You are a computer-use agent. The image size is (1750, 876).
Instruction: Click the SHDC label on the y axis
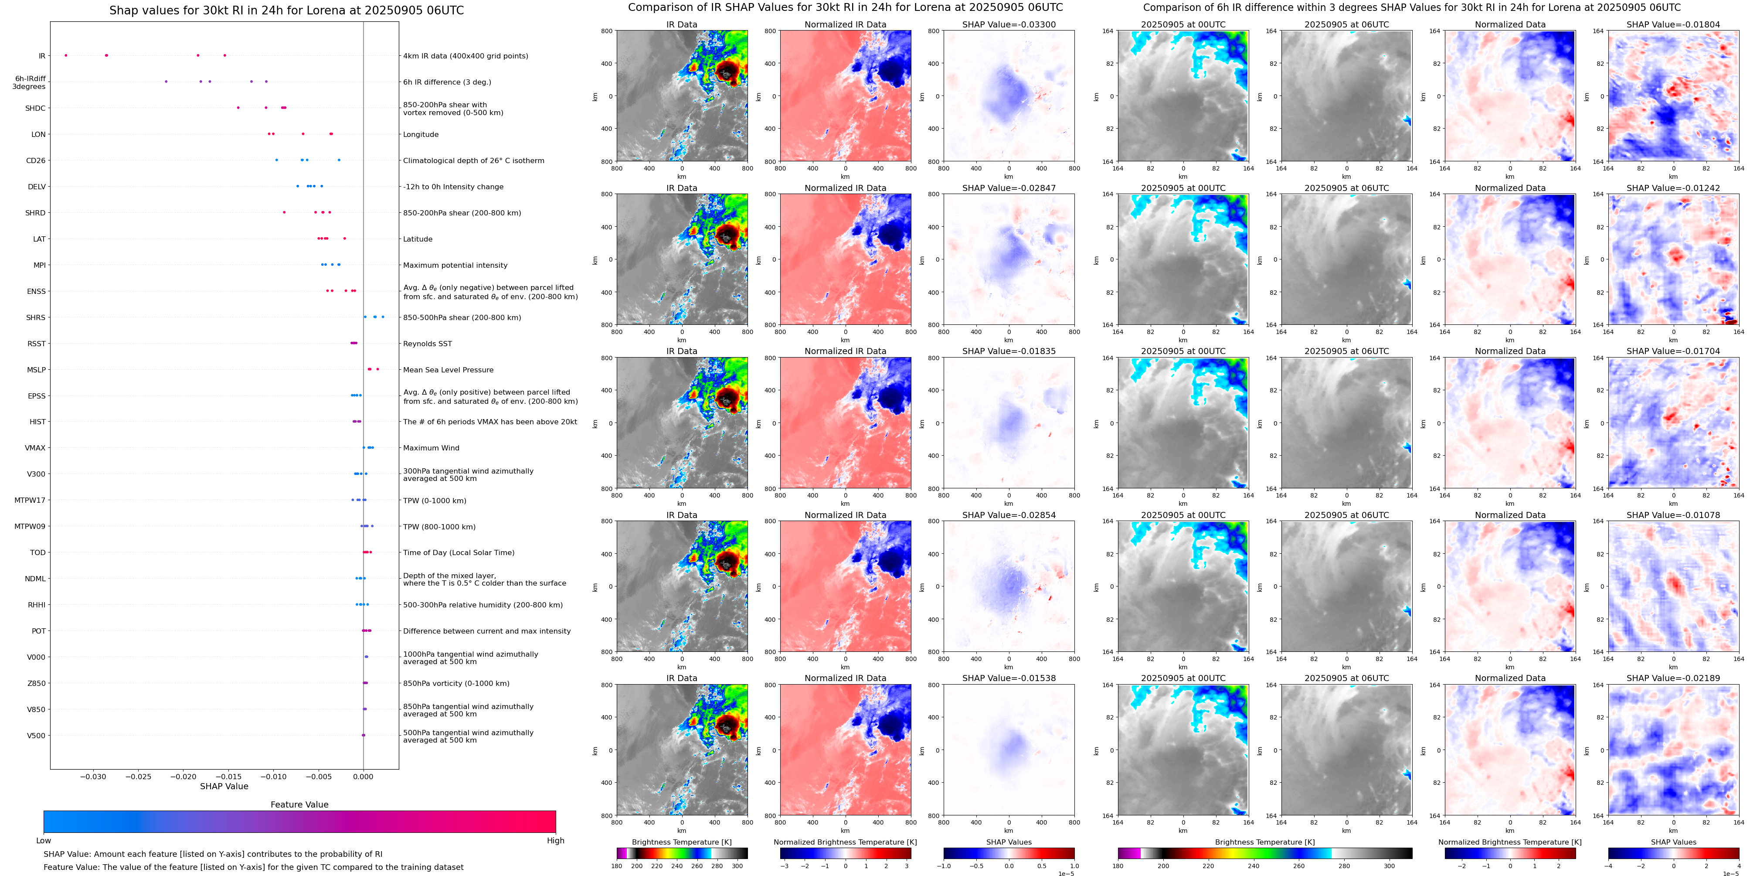(35, 108)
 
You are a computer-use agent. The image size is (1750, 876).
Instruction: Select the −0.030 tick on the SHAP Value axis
(93, 776)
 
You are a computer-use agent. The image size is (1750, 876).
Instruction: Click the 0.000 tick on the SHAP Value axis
(364, 776)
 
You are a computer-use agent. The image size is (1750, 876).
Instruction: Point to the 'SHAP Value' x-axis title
(224, 786)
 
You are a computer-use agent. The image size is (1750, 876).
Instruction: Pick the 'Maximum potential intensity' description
(455, 265)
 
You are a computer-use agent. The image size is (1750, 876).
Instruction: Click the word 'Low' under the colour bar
(44, 841)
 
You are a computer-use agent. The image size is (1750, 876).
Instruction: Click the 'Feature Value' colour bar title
(299, 804)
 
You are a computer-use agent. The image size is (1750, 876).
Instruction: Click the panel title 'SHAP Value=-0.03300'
(1009, 24)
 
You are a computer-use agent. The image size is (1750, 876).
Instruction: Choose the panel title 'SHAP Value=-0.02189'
(1673, 678)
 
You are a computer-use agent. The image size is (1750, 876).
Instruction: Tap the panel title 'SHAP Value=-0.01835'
(1009, 351)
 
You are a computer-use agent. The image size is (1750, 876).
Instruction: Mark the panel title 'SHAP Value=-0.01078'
(1673, 515)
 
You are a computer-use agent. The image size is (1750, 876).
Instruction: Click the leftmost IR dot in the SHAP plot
(66, 55)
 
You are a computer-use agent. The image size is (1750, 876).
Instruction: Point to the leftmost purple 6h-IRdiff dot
(166, 82)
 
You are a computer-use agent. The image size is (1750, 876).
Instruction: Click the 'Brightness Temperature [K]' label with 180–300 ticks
(681, 842)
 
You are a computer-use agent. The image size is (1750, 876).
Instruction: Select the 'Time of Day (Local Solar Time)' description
(459, 552)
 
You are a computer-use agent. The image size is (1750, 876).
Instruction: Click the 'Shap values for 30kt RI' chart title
(287, 10)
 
